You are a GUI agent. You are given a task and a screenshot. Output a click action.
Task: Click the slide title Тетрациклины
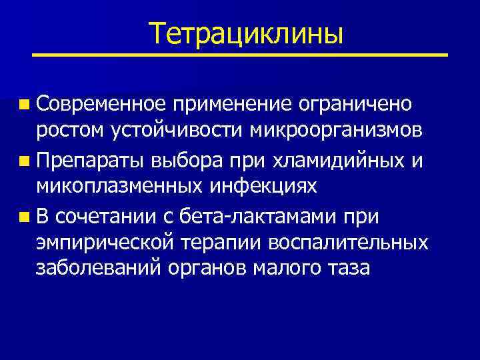tap(246, 33)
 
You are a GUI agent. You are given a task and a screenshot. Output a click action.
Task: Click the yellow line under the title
tap(239, 55)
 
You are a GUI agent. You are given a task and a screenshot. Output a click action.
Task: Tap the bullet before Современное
tap(25, 105)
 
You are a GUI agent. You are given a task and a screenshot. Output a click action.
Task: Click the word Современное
tap(101, 104)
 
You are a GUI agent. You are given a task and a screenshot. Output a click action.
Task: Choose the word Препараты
tap(92, 160)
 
